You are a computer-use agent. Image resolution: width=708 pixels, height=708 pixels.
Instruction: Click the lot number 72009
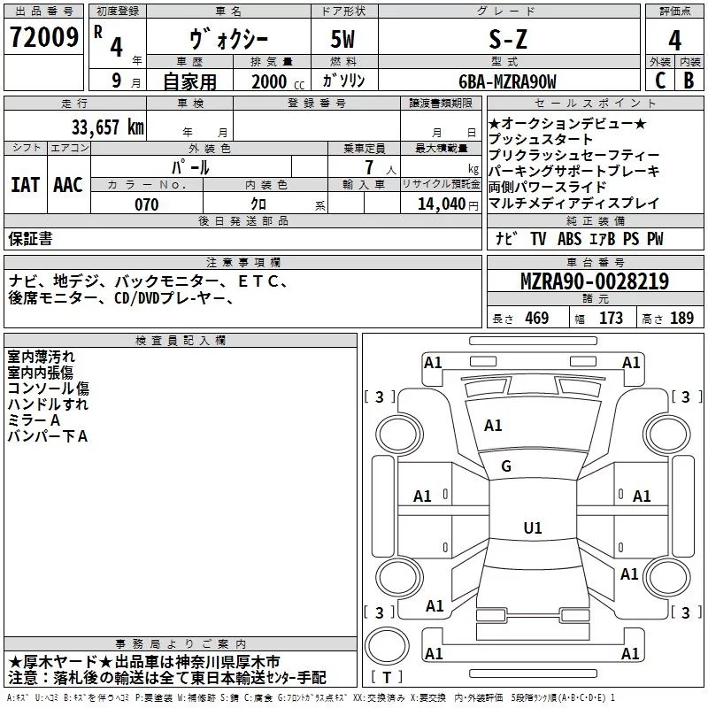click(x=43, y=37)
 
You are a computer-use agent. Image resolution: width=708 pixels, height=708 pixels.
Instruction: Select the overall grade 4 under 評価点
click(x=674, y=41)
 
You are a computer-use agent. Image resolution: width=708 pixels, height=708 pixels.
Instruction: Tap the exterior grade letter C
click(x=660, y=81)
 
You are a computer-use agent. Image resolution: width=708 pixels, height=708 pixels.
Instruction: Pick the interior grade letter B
click(x=689, y=81)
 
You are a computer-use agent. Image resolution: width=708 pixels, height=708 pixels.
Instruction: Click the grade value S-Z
click(x=508, y=39)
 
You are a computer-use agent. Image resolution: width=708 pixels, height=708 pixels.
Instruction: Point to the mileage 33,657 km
click(x=108, y=127)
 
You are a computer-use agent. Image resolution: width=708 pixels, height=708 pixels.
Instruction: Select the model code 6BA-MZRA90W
click(x=507, y=81)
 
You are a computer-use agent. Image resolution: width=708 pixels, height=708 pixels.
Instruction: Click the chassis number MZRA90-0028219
click(x=595, y=281)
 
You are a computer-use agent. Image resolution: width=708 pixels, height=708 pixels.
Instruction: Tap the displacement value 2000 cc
click(x=278, y=81)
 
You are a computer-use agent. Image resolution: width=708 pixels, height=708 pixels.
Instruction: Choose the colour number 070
click(x=147, y=204)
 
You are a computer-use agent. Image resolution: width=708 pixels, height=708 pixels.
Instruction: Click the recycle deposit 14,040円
click(x=448, y=204)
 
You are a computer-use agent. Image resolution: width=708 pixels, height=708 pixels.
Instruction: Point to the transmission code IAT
click(x=26, y=185)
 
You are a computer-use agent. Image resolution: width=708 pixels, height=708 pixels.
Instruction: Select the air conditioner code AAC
click(x=68, y=185)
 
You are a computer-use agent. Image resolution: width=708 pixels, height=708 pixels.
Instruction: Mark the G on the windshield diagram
click(x=506, y=466)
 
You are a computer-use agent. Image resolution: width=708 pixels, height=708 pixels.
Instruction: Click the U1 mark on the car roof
click(x=533, y=527)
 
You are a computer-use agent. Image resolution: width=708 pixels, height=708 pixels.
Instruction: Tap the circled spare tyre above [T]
click(x=387, y=646)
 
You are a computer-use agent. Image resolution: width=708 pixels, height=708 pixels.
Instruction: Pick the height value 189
click(x=681, y=318)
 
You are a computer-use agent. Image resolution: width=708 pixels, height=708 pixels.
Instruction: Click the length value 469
click(x=537, y=318)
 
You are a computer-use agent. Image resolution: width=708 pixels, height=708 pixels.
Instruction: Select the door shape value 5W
click(x=342, y=39)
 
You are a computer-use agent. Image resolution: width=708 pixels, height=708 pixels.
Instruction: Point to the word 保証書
click(x=30, y=238)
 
